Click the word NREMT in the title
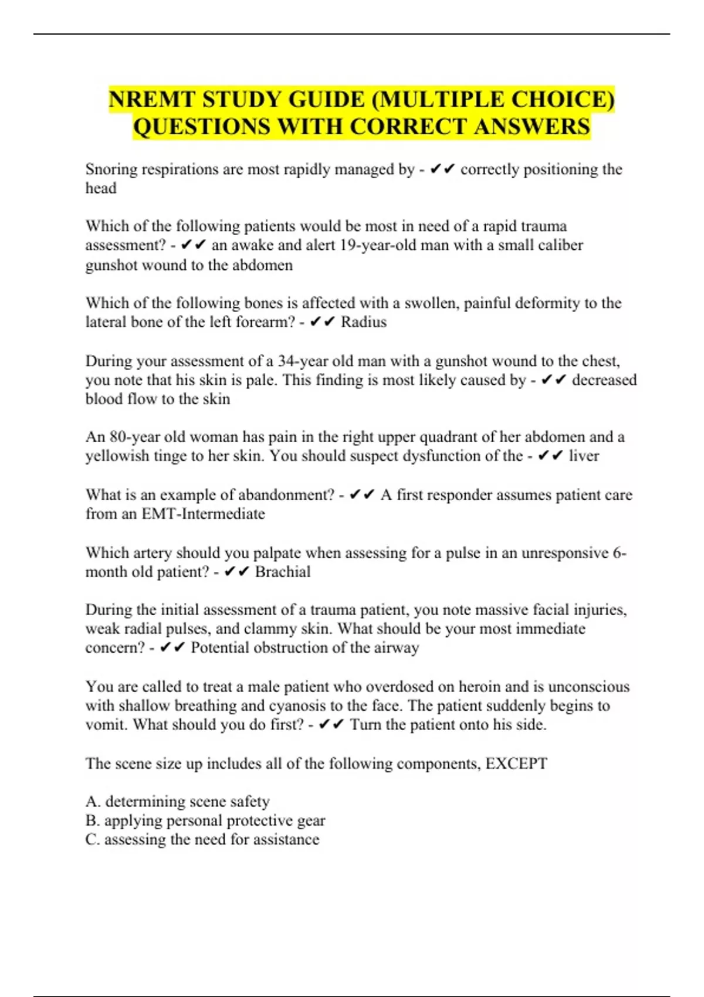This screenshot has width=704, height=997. (x=152, y=99)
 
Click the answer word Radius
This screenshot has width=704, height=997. (x=364, y=322)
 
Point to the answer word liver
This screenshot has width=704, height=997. (x=584, y=456)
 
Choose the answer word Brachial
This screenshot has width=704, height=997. (x=283, y=572)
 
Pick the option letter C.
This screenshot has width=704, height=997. (x=92, y=840)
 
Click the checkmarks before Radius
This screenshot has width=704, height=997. (x=322, y=322)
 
